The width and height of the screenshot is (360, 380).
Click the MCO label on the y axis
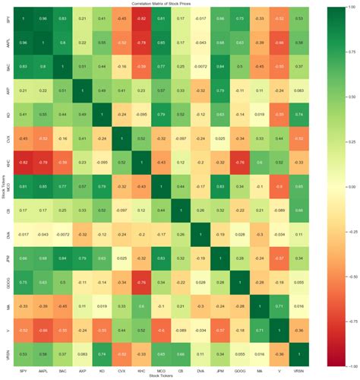coord(8,185)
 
